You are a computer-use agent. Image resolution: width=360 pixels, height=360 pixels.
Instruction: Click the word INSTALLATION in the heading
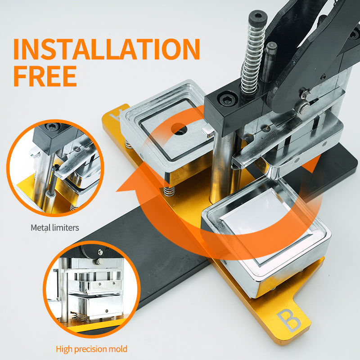coord(107,49)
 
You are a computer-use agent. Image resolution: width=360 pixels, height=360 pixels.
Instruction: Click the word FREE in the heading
coord(45,76)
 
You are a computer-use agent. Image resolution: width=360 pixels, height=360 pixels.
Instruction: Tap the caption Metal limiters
coord(55,228)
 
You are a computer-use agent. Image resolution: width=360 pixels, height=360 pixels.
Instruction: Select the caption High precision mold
coord(91,349)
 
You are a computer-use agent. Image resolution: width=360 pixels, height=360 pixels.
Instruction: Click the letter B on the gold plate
coord(289,320)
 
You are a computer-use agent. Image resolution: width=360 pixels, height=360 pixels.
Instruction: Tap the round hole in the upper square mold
coord(179,129)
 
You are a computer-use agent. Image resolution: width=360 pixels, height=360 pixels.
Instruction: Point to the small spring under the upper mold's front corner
coord(169,191)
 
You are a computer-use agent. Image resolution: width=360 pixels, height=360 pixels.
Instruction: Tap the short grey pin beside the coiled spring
coord(269,62)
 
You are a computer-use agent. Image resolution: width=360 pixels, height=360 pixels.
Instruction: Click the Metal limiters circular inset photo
coord(55,168)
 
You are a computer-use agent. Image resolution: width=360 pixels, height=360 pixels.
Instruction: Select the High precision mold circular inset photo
coord(91,289)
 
